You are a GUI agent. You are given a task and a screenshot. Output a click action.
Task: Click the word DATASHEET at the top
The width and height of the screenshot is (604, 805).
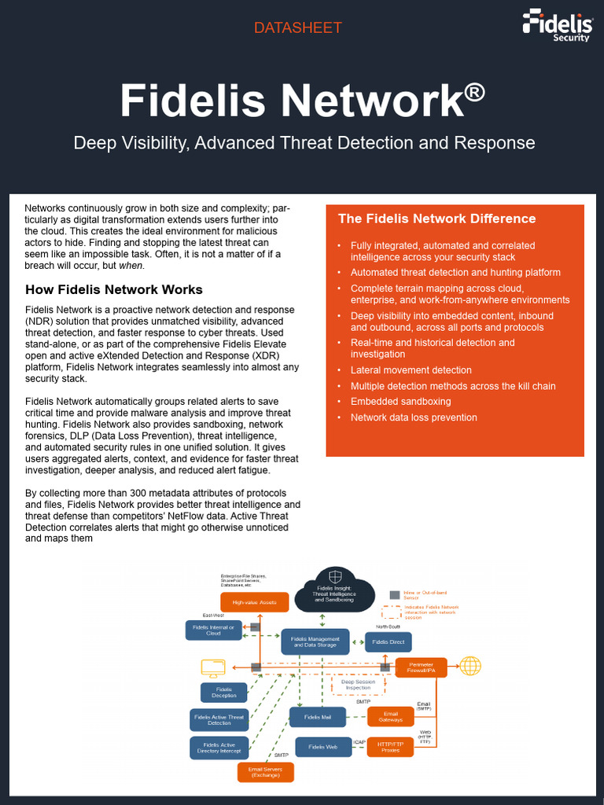(x=297, y=28)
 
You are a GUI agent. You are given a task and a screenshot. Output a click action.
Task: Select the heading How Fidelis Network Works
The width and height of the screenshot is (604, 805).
(x=114, y=289)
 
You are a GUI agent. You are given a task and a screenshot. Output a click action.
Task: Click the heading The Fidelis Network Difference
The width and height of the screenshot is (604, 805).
(x=436, y=219)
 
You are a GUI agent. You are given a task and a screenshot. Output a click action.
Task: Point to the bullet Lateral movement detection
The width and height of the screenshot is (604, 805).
(x=411, y=370)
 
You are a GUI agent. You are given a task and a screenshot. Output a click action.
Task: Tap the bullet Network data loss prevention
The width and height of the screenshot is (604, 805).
(x=414, y=417)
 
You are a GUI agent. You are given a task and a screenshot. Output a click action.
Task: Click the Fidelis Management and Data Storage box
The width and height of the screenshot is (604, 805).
(x=315, y=642)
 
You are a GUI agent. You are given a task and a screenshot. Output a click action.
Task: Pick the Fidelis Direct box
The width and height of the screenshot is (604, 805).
(x=389, y=642)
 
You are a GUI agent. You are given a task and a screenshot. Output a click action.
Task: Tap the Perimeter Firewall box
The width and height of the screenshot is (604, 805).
(x=421, y=667)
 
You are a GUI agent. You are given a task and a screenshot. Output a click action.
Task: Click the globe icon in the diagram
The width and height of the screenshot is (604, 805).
(x=470, y=666)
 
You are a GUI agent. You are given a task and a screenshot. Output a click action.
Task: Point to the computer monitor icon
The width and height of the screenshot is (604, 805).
(x=213, y=668)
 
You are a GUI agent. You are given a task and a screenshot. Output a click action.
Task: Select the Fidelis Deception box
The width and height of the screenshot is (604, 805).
(x=224, y=692)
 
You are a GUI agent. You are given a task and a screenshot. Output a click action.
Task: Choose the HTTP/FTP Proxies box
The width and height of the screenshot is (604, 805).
(x=390, y=747)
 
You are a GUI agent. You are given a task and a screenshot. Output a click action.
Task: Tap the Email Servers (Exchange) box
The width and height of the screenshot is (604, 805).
(x=265, y=772)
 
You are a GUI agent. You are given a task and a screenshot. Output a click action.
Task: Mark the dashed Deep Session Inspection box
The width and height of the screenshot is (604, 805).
(x=358, y=685)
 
